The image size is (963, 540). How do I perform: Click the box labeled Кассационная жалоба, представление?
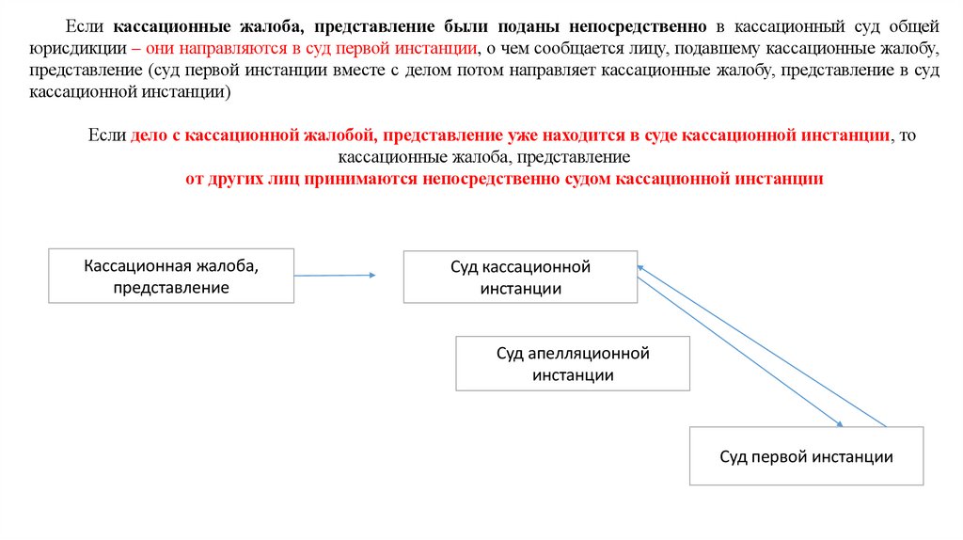171,276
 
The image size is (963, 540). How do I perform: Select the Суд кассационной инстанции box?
520,277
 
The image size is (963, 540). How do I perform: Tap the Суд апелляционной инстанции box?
574,364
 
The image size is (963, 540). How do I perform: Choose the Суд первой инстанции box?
806,456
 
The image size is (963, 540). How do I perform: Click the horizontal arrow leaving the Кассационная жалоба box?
334,275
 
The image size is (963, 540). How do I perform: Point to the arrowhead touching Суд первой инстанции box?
837,422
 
